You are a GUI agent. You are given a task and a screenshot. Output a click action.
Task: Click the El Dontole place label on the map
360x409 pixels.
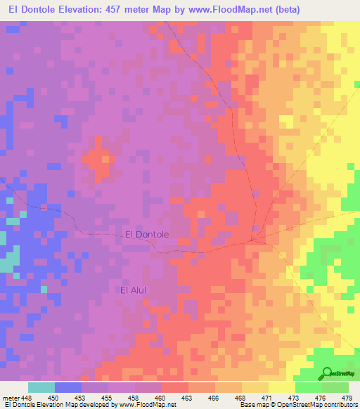pos(146,235)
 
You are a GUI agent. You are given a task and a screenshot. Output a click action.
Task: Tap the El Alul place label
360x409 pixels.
pos(133,289)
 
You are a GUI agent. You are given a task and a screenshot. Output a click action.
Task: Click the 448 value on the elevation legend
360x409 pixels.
pos(27,398)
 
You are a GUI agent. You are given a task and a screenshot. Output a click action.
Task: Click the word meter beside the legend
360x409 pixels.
pos(11,398)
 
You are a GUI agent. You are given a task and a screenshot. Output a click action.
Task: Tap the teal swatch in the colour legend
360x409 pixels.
pos(41,387)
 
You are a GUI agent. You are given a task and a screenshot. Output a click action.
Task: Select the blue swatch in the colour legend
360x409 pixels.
pos(67,387)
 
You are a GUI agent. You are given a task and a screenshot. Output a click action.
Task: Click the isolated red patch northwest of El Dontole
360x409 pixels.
pos(97,158)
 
